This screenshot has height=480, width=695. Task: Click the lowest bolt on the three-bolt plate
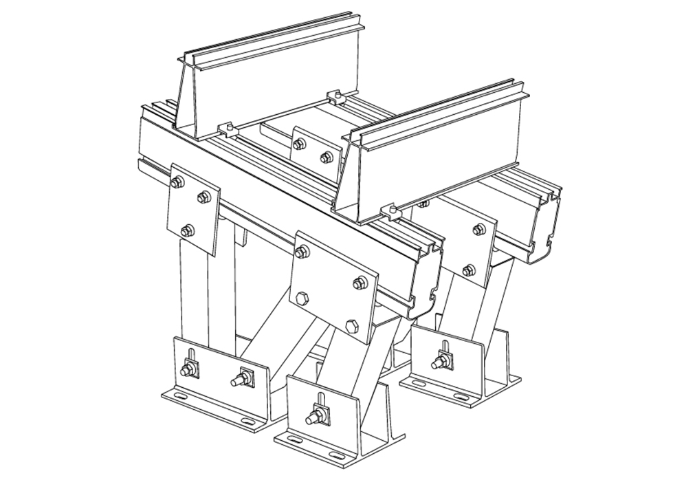tap(187, 230)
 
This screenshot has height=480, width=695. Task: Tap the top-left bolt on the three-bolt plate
tap(177, 182)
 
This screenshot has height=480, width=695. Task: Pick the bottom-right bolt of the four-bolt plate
tap(351, 325)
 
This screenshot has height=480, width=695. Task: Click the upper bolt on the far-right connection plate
tap(479, 229)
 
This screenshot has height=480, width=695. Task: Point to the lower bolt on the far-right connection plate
tap(469, 270)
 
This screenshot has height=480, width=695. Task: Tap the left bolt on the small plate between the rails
tap(300, 144)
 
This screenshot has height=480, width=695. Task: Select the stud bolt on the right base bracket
tap(439, 362)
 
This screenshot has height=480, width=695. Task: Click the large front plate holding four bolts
tap(333, 283)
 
